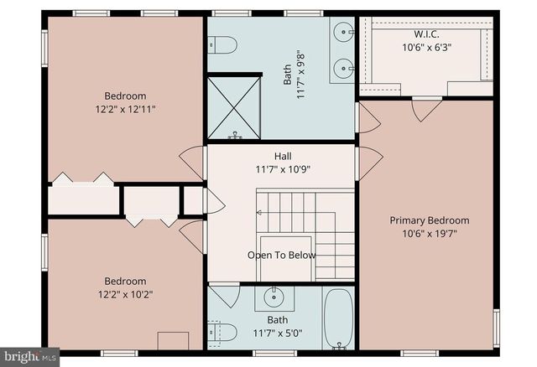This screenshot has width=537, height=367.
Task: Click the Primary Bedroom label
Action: coord(429,220)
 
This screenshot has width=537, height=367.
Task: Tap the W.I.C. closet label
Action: coord(426,34)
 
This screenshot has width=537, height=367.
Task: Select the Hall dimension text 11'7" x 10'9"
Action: coord(283,169)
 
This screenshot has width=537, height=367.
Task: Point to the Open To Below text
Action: coord(281,255)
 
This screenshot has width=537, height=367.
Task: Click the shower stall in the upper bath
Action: coord(234,107)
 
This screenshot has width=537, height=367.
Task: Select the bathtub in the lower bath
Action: coord(338,319)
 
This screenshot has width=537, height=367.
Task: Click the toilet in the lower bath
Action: coord(222,333)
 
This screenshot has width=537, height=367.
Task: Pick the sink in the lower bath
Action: coord(274,297)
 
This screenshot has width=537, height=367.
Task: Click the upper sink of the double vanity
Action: coord(343,34)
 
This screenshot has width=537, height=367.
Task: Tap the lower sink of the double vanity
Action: coord(343,68)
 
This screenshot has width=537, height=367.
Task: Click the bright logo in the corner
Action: coord(29,356)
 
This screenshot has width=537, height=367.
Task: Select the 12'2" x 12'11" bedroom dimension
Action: coord(125,109)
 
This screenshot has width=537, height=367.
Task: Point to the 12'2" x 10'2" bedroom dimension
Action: coord(125,294)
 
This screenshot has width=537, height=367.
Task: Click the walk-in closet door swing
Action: coord(426,107)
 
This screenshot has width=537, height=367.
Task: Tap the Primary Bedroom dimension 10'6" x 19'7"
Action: coord(429,234)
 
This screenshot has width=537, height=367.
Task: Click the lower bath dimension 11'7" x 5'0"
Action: coord(278,333)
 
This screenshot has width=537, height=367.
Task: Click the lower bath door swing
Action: coord(225,295)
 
